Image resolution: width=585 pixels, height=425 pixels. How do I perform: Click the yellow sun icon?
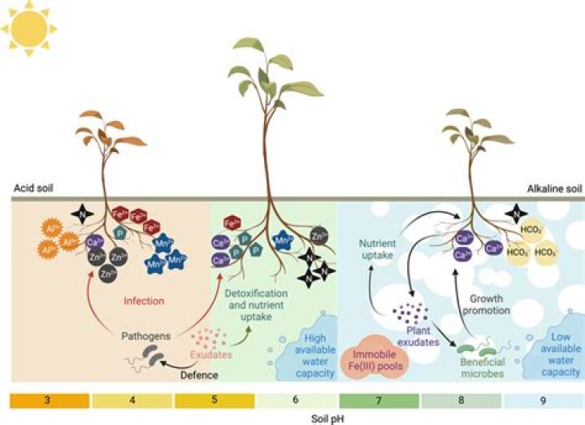28,26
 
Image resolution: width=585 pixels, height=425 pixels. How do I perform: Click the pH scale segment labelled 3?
49,401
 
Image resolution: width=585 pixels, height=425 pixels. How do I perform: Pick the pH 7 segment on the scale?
379,401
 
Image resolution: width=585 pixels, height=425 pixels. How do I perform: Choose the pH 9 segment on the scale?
544,401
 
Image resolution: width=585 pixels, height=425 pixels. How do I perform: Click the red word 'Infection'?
144,301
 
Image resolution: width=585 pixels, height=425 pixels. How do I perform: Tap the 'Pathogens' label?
144,335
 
